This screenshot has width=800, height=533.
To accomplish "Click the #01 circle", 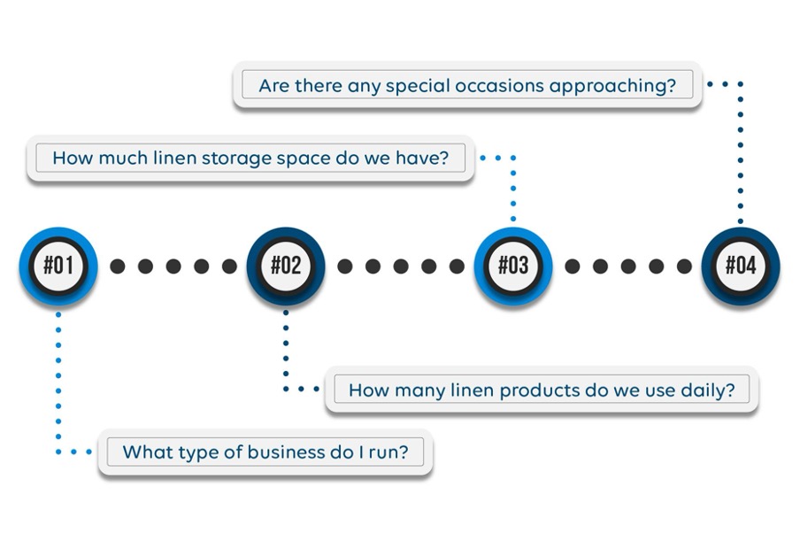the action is tap(58, 266).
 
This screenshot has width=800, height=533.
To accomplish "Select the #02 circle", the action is tap(286, 266).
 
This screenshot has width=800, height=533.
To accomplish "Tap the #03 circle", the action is tap(513, 266).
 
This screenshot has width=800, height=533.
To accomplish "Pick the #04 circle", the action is tap(741, 266).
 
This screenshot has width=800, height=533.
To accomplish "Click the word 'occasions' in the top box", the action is tap(499, 86).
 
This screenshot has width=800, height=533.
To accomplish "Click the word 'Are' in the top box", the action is tap(274, 86).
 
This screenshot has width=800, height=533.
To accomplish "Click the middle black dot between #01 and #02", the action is tap(173, 266).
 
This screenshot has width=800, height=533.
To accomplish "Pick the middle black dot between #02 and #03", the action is tap(401, 266).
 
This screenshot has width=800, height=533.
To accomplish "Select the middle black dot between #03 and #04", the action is tap(628, 266).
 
